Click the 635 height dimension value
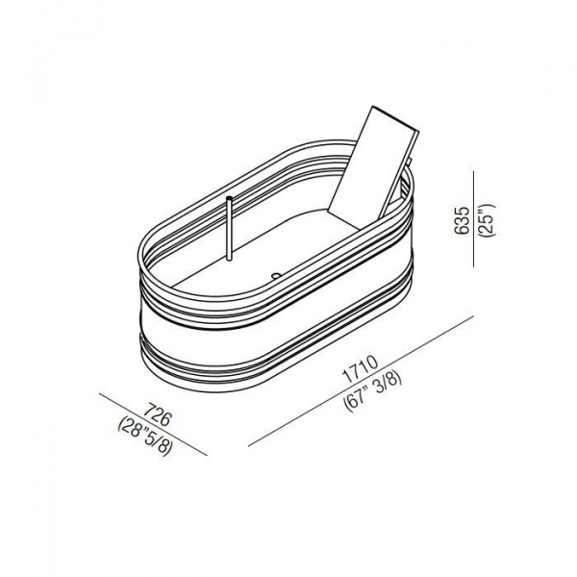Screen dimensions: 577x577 (x=462, y=220)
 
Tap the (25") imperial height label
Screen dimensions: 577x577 (x=488, y=220)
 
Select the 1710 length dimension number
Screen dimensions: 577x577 (x=360, y=368)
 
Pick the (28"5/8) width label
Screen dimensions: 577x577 (x=145, y=437)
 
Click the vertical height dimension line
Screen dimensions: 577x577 (x=474, y=219)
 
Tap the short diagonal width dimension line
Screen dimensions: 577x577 (x=153, y=424)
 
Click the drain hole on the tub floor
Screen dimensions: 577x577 (x=276, y=275)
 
